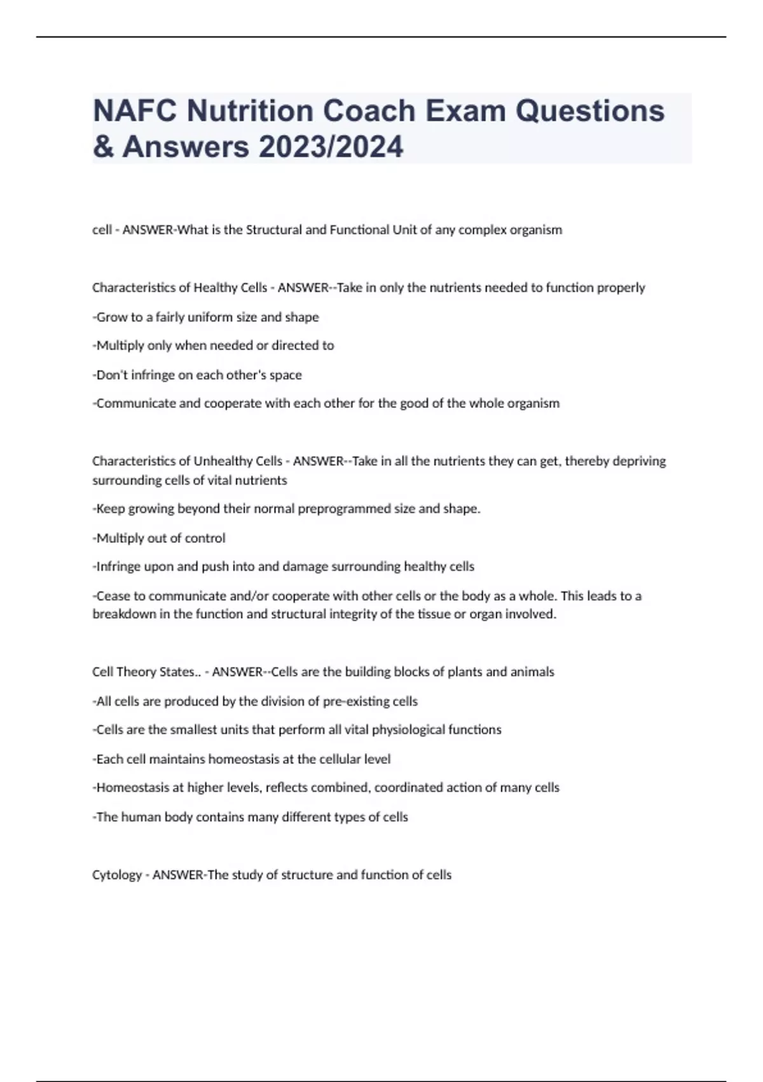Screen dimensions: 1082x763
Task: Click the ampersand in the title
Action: click(101, 147)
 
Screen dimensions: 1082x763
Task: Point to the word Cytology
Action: click(117, 875)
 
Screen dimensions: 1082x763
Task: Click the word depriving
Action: click(639, 461)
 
